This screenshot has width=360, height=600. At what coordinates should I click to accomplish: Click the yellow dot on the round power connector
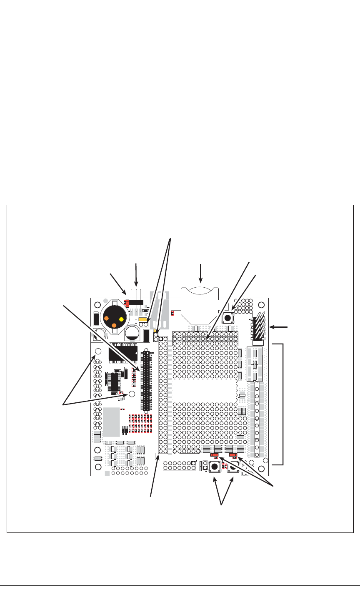(x=122, y=319)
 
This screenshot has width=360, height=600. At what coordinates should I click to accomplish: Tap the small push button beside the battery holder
(x=228, y=318)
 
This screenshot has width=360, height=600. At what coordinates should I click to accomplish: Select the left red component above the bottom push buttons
(x=215, y=455)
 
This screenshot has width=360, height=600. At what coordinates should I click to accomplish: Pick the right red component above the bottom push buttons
(x=233, y=455)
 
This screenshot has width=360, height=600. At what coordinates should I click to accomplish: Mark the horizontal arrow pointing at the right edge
(x=280, y=326)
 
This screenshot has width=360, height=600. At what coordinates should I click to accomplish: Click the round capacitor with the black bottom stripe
(x=132, y=332)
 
